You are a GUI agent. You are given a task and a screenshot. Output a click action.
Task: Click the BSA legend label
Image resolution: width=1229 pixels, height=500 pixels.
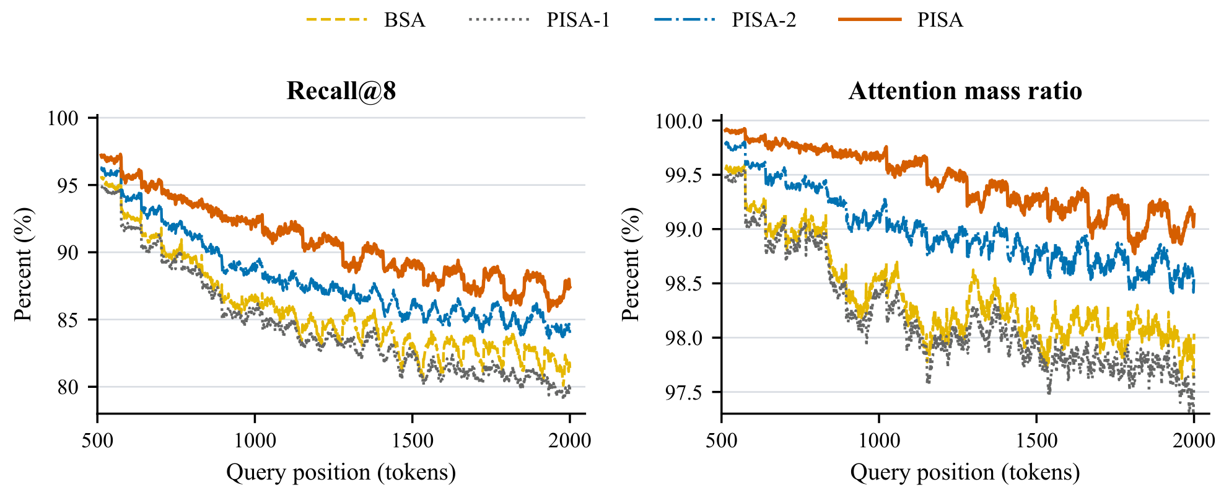pyautogui.click(x=405, y=20)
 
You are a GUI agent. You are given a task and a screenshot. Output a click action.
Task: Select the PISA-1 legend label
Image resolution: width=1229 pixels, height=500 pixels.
pyautogui.click(x=578, y=20)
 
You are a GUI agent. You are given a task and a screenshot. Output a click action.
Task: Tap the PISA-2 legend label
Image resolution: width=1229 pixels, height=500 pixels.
pyautogui.click(x=764, y=20)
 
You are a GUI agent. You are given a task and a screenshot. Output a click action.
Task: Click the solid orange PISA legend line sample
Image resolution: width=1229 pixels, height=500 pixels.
pyautogui.click(x=870, y=20)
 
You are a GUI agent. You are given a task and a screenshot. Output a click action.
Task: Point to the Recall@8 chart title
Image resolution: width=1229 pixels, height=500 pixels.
pyautogui.click(x=341, y=91)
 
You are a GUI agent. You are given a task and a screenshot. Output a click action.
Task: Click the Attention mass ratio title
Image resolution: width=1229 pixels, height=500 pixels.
pyautogui.click(x=965, y=91)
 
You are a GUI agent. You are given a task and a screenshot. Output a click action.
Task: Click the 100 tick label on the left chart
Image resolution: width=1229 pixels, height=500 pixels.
pyautogui.click(x=63, y=118)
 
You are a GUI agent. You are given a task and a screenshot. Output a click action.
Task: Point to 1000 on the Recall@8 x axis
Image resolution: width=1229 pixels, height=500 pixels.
pyautogui.click(x=255, y=441)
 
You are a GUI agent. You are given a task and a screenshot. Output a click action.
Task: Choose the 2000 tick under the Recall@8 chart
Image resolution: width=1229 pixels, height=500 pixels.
pyautogui.click(x=570, y=441)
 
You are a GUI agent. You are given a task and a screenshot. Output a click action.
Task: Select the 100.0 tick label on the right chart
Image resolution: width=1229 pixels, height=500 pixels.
pyautogui.click(x=679, y=121)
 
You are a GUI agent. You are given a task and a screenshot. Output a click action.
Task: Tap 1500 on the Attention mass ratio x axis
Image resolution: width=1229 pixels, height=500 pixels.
pyautogui.click(x=1036, y=441)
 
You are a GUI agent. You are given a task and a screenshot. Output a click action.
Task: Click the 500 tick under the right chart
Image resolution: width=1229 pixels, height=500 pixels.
pyautogui.click(x=722, y=441)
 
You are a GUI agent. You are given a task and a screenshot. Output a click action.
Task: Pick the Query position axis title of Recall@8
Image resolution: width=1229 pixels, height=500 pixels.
pyautogui.click(x=341, y=472)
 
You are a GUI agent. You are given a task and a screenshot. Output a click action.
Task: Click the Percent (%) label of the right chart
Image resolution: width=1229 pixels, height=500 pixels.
pyautogui.click(x=631, y=265)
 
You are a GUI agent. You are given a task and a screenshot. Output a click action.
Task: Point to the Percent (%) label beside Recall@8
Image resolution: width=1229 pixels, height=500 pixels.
pyautogui.click(x=23, y=265)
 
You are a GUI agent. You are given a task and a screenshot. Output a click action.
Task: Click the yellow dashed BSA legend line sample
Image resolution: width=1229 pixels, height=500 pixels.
pyautogui.click(x=337, y=20)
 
